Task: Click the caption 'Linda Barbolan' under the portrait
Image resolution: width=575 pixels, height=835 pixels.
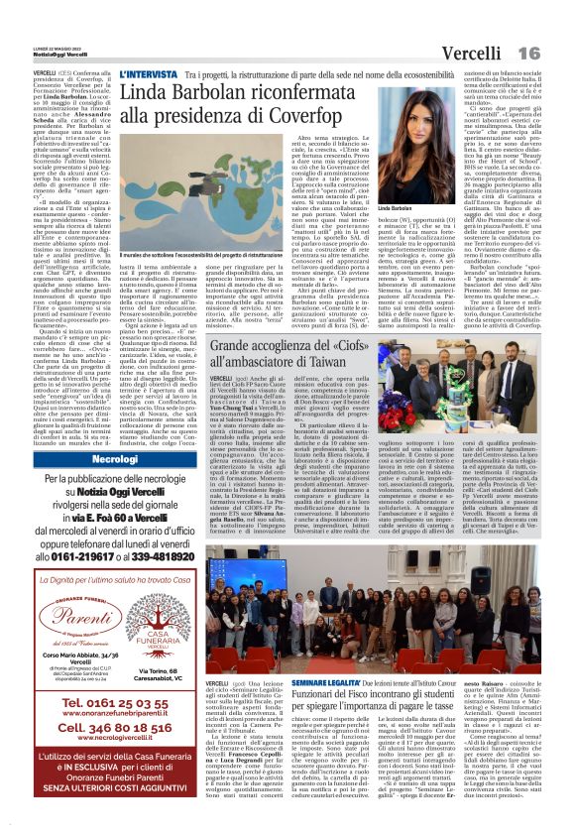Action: click(395, 209)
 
